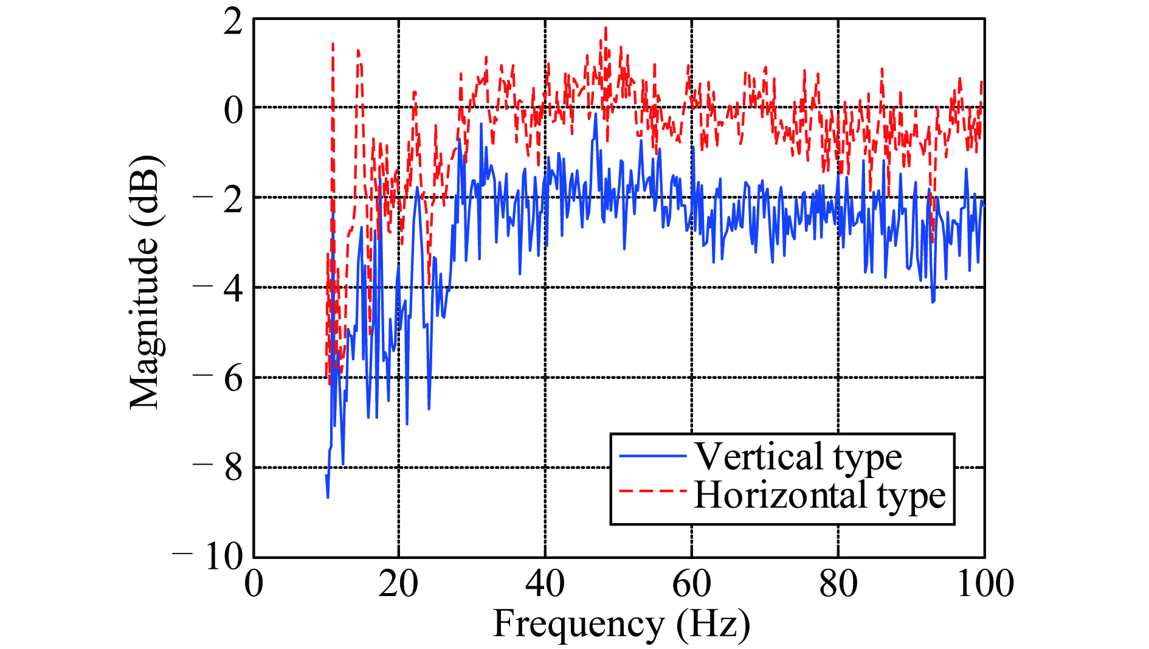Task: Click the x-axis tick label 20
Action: click(x=398, y=584)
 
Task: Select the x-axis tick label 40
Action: click(x=545, y=584)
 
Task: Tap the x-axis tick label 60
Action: click(x=691, y=584)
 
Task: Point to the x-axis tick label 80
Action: click(x=838, y=584)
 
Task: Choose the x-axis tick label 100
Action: click(x=985, y=584)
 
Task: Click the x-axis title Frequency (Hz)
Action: click(x=621, y=625)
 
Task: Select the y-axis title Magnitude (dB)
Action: click(x=146, y=282)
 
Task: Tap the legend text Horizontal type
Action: click(x=819, y=496)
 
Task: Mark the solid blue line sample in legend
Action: click(x=652, y=456)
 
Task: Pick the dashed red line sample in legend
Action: click(x=652, y=490)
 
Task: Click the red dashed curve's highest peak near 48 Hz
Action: click(x=606, y=28)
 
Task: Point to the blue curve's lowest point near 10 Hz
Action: click(x=328, y=497)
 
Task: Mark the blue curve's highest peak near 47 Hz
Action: click(x=596, y=115)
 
